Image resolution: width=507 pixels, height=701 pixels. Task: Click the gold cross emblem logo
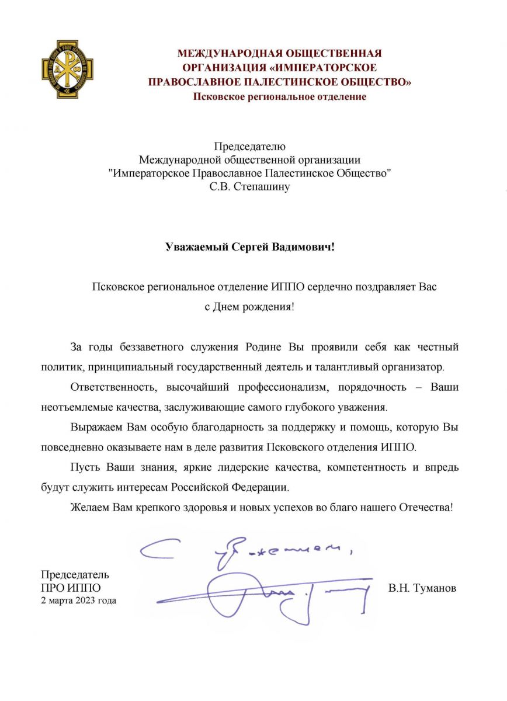60,68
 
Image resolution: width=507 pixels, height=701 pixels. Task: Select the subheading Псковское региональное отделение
280,96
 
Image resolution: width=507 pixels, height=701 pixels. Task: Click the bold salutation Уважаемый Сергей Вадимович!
249,247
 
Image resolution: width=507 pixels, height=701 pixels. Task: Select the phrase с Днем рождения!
249,306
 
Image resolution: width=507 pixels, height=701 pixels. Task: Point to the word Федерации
266,487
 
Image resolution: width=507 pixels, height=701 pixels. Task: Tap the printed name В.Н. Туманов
422,588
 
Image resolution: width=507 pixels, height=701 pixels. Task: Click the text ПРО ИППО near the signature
71,588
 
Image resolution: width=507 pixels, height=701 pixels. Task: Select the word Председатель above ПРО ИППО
75,575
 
